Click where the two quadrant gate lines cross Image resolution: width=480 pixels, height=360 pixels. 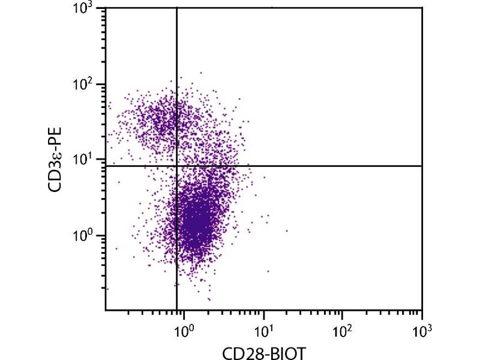[x=176, y=166]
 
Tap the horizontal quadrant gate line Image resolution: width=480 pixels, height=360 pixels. [x=330, y=166]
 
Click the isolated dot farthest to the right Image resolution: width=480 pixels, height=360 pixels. [x=287, y=230]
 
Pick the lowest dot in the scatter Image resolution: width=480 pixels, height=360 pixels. [x=209, y=299]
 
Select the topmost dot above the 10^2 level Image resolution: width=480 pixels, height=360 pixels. [x=200, y=73]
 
